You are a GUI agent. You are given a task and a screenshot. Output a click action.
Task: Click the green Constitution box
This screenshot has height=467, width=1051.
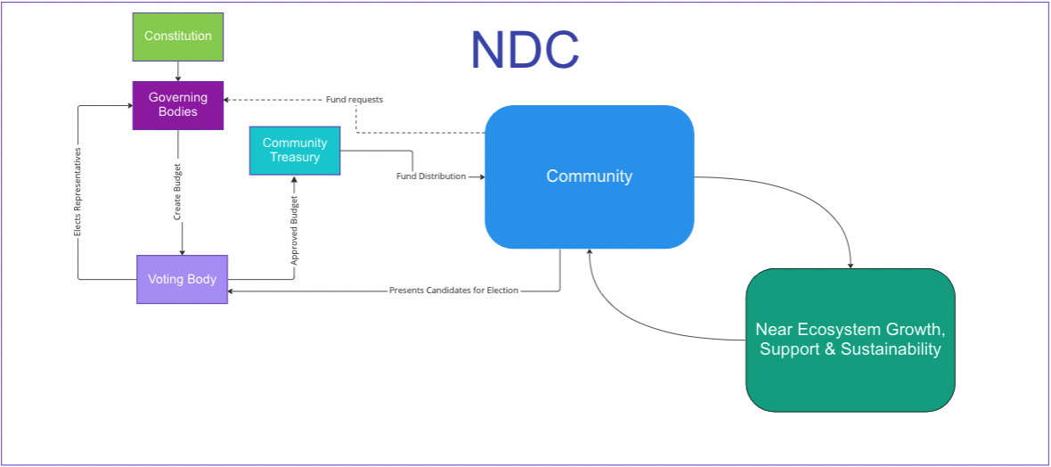point(178,37)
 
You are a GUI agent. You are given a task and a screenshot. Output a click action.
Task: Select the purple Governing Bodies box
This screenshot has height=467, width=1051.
point(178,105)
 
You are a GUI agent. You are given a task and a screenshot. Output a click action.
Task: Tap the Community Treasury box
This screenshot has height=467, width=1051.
point(295,151)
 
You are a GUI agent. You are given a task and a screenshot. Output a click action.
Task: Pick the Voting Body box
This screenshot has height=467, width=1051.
point(182,279)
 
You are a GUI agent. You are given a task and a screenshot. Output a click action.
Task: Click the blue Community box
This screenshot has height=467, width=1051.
point(589,176)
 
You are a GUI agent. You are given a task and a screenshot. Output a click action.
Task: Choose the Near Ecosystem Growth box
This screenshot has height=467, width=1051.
point(850,340)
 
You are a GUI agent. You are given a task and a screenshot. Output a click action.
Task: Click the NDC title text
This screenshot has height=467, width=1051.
point(525,50)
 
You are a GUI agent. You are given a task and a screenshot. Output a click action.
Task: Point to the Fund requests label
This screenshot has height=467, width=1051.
point(354,99)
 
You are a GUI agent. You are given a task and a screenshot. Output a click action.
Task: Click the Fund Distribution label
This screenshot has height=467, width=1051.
point(431,176)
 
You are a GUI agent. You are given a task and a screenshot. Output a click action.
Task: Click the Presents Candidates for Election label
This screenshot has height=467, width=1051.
point(453,291)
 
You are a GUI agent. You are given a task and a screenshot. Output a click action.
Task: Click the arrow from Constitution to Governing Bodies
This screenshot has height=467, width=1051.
point(178,71)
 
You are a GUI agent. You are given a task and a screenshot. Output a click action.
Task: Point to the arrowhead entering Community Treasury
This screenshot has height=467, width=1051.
point(294,180)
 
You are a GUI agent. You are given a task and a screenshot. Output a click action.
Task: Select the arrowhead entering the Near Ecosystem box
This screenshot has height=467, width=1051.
point(851,264)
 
